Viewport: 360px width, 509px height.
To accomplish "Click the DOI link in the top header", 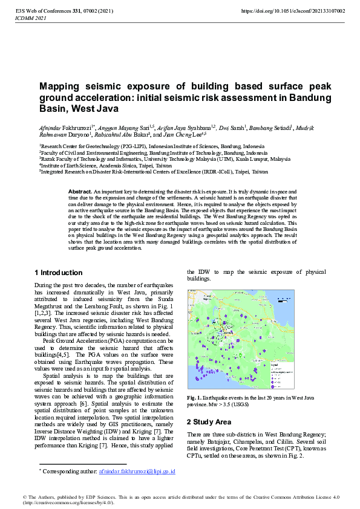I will (x=293, y=11).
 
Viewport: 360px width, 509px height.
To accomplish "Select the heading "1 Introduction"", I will (x=58, y=273).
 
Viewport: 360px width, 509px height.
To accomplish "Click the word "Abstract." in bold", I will (x=80, y=190).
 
